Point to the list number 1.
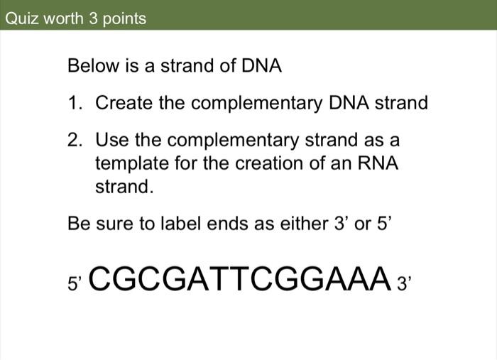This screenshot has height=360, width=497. click(75, 104)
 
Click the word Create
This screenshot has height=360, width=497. click(124, 104)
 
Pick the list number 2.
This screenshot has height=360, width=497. click(75, 139)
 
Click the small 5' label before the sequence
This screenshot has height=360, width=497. click(75, 283)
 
